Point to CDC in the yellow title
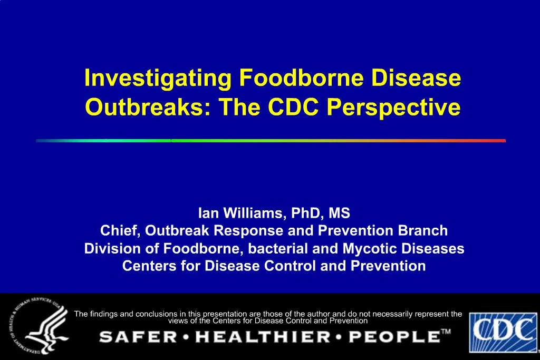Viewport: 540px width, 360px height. tap(293, 108)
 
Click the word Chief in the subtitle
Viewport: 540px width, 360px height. tap(120, 231)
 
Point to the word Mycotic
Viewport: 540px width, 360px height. tap(373, 248)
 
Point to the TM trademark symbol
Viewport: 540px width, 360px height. tap(446, 332)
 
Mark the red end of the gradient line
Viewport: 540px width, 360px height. tap(501, 141)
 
